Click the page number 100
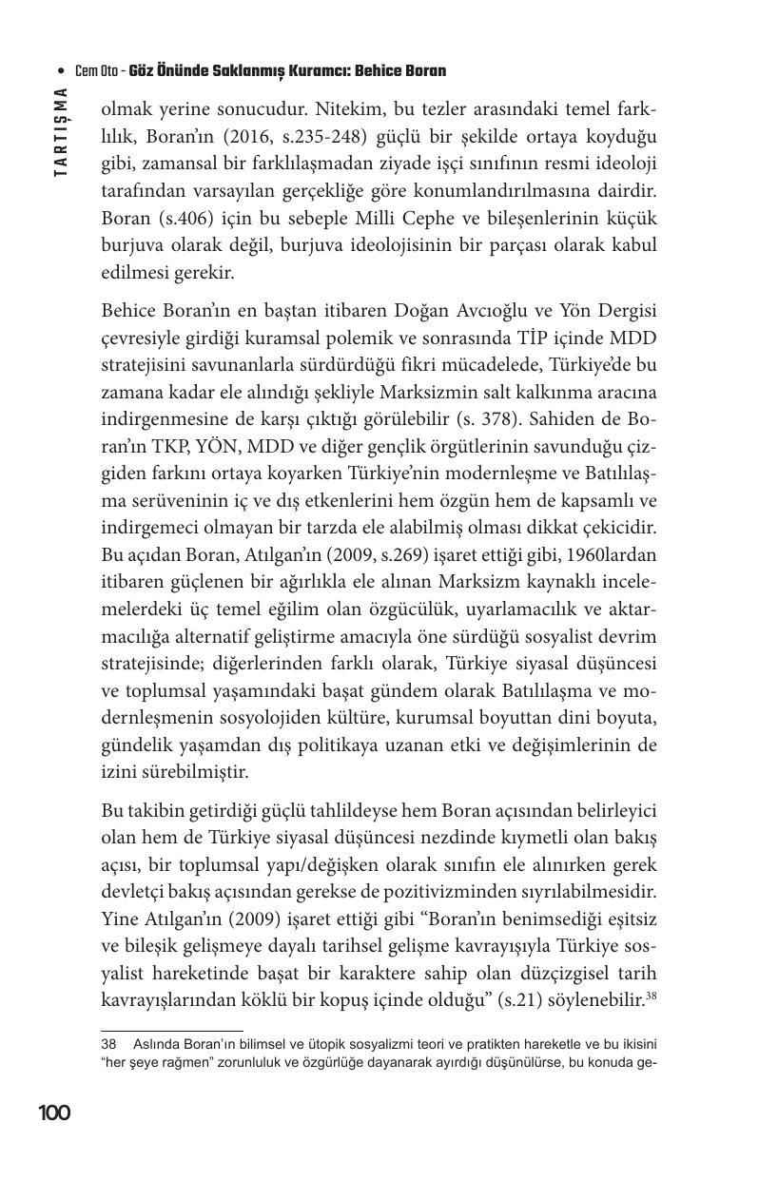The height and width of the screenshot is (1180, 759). pyautogui.click(x=54, y=1112)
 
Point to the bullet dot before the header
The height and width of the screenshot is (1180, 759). pyautogui.click(x=62, y=71)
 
